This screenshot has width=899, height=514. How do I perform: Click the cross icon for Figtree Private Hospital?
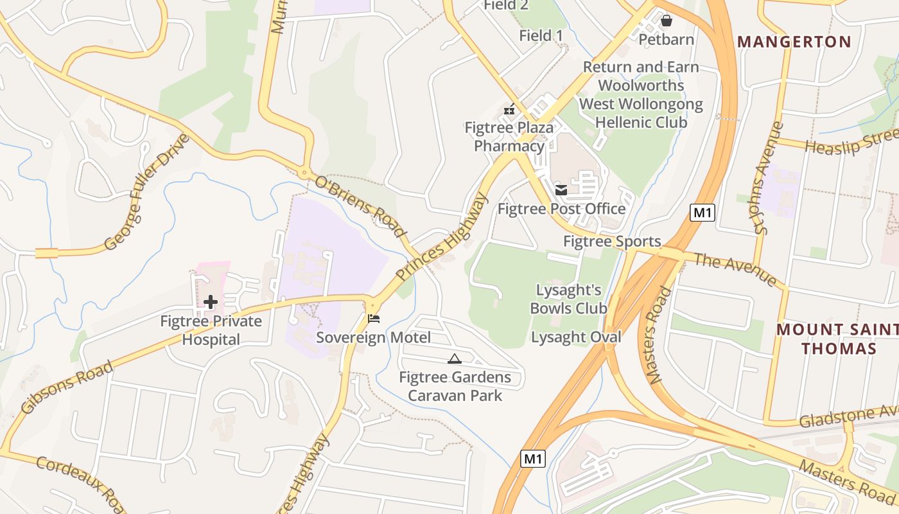tap(211, 302)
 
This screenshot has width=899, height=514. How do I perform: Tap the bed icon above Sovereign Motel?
tap(374, 318)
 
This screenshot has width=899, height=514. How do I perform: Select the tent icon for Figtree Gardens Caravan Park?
tap(455, 359)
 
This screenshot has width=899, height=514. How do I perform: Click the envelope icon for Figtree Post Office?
tap(561, 190)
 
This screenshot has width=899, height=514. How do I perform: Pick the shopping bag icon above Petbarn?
tap(667, 21)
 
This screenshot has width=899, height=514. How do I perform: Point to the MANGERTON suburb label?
tap(794, 42)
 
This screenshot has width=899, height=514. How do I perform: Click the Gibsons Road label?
tap(67, 387)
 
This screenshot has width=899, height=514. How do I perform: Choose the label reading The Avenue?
tap(735, 269)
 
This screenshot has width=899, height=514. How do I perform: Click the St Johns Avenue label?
tap(769, 178)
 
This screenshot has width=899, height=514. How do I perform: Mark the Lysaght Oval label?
tap(576, 337)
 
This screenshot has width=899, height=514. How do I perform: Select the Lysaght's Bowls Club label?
tap(568, 299)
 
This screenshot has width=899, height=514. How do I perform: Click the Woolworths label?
tap(641, 85)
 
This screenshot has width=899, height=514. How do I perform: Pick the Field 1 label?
tap(541, 35)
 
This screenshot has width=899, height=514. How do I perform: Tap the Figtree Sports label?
tap(612, 242)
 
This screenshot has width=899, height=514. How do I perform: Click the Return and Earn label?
tap(641, 67)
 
